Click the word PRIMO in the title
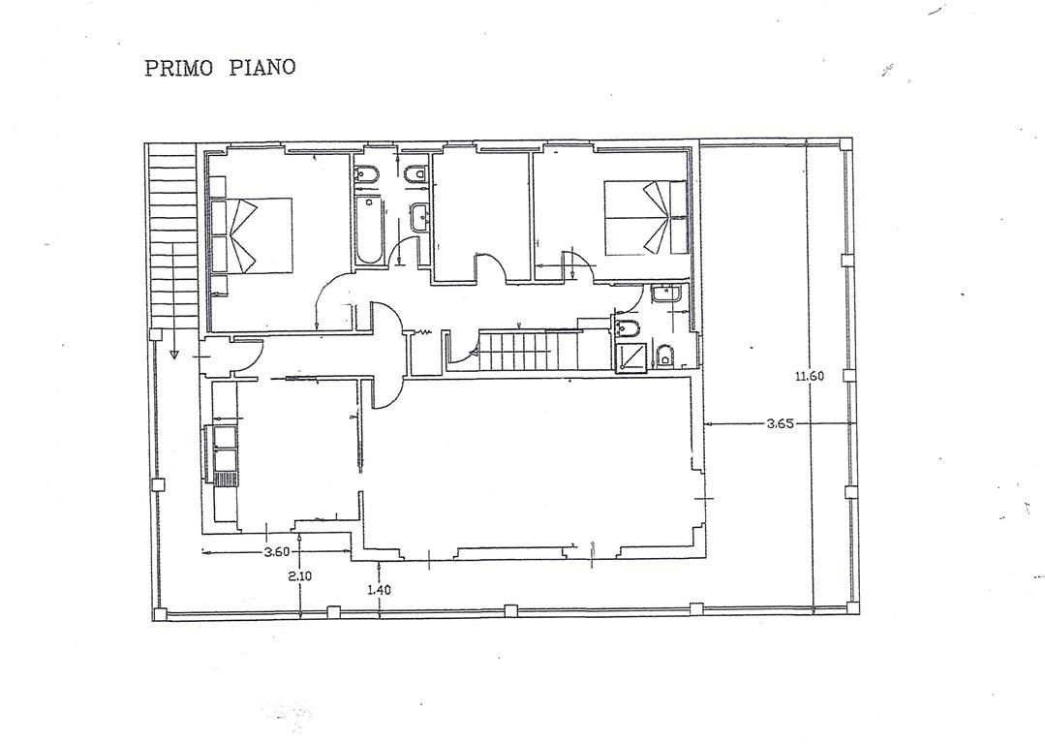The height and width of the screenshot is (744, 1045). point(178,68)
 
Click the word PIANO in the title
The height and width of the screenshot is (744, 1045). point(261,68)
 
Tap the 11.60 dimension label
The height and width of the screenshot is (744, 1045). point(809,375)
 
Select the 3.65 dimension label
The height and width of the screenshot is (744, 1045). point(780,422)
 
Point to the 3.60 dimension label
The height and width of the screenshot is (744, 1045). point(277,551)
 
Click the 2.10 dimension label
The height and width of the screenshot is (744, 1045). point(300,576)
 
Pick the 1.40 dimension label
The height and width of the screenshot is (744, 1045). point(379,589)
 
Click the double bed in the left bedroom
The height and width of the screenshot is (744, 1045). point(251,234)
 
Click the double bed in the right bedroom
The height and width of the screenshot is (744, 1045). point(646,217)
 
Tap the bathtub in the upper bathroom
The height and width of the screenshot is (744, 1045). point(369,230)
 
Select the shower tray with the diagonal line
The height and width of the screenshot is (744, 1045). point(630,356)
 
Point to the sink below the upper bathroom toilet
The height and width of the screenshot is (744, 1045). point(421,218)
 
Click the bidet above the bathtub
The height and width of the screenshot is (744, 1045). point(366,175)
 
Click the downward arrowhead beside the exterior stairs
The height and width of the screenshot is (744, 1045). point(173,354)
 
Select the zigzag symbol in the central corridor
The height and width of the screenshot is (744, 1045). point(422,331)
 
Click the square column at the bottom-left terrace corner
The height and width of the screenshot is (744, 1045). point(159,614)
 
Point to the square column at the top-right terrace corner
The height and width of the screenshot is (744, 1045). point(845,143)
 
